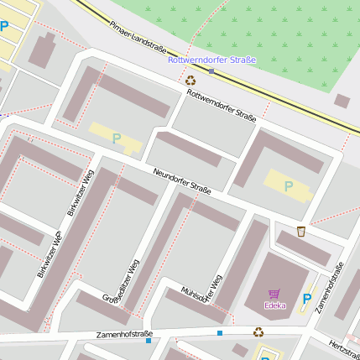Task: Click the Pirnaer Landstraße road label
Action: point(138,38)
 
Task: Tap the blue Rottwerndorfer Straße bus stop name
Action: point(211,60)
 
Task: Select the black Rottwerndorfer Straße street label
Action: point(222,105)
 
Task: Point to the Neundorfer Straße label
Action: point(181,180)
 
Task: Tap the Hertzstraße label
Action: point(345,345)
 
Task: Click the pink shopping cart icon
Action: point(274,294)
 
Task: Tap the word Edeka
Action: point(274,305)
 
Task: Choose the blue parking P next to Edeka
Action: point(306,298)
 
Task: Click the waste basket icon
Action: point(300,232)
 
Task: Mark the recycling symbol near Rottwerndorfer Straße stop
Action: point(190,80)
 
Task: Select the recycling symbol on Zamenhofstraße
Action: point(258,331)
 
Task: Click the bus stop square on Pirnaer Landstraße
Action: point(211,71)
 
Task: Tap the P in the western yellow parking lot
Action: point(116,138)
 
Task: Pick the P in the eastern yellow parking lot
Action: point(289,186)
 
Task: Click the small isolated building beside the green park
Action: point(342,101)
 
